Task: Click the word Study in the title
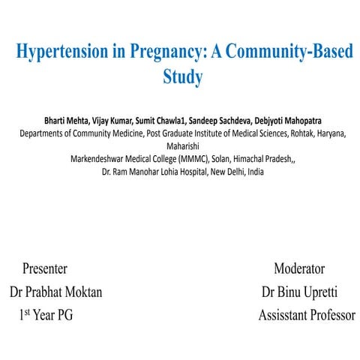(183, 77)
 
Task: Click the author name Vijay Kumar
(110, 121)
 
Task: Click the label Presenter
(45, 268)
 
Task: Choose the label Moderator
(298, 268)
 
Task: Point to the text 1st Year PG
(46, 316)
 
